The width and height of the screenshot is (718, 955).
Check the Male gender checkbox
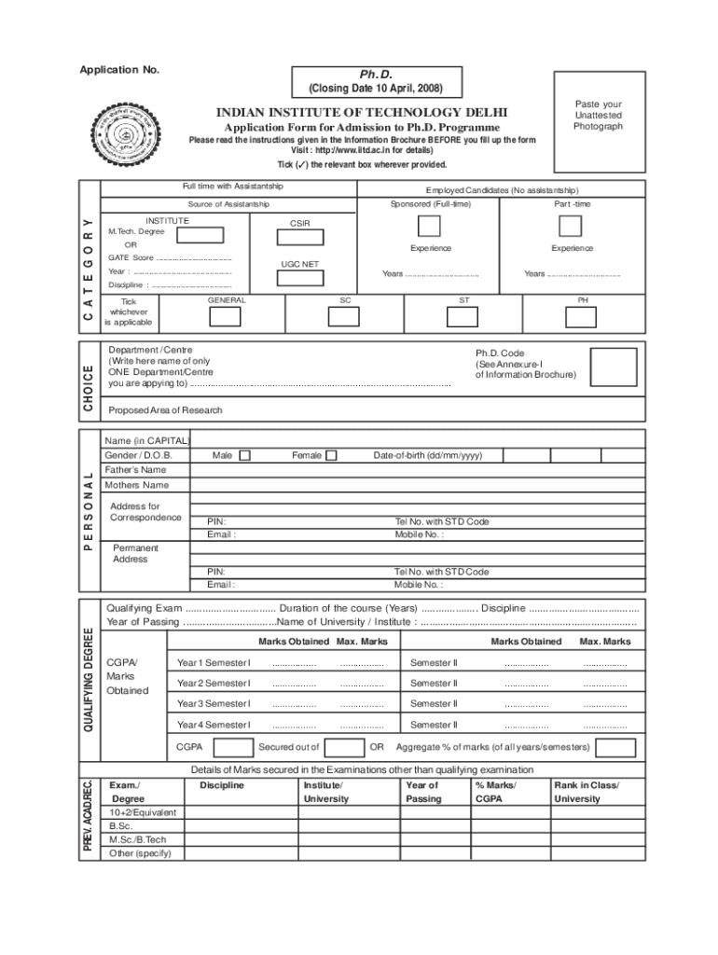click(244, 455)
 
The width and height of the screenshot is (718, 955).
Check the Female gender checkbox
click(329, 455)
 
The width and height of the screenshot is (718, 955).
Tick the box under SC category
click(345, 316)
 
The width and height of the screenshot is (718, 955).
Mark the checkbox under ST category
click(463, 316)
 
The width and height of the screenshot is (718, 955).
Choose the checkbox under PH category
click(583, 316)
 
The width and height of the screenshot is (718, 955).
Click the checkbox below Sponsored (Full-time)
click(430, 226)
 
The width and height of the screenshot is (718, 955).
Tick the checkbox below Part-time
click(571, 226)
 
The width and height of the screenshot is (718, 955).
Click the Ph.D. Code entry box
click(614, 367)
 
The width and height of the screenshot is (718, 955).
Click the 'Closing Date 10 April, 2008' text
click(377, 89)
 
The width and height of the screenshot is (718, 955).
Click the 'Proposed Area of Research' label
click(166, 410)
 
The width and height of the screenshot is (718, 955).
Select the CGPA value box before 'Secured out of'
click(230, 747)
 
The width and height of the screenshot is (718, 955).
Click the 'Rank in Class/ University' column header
click(587, 792)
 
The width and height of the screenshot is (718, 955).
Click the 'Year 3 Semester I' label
click(214, 704)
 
